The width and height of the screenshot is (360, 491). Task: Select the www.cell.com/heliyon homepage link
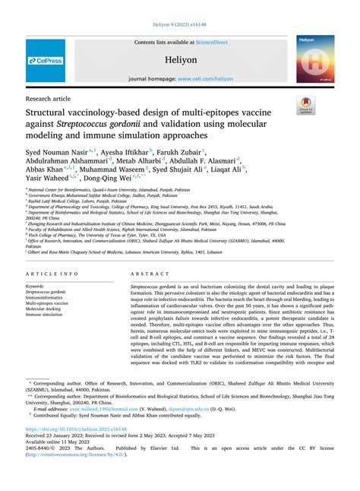click(204, 78)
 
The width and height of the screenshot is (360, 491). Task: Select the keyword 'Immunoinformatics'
click(48, 297)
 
